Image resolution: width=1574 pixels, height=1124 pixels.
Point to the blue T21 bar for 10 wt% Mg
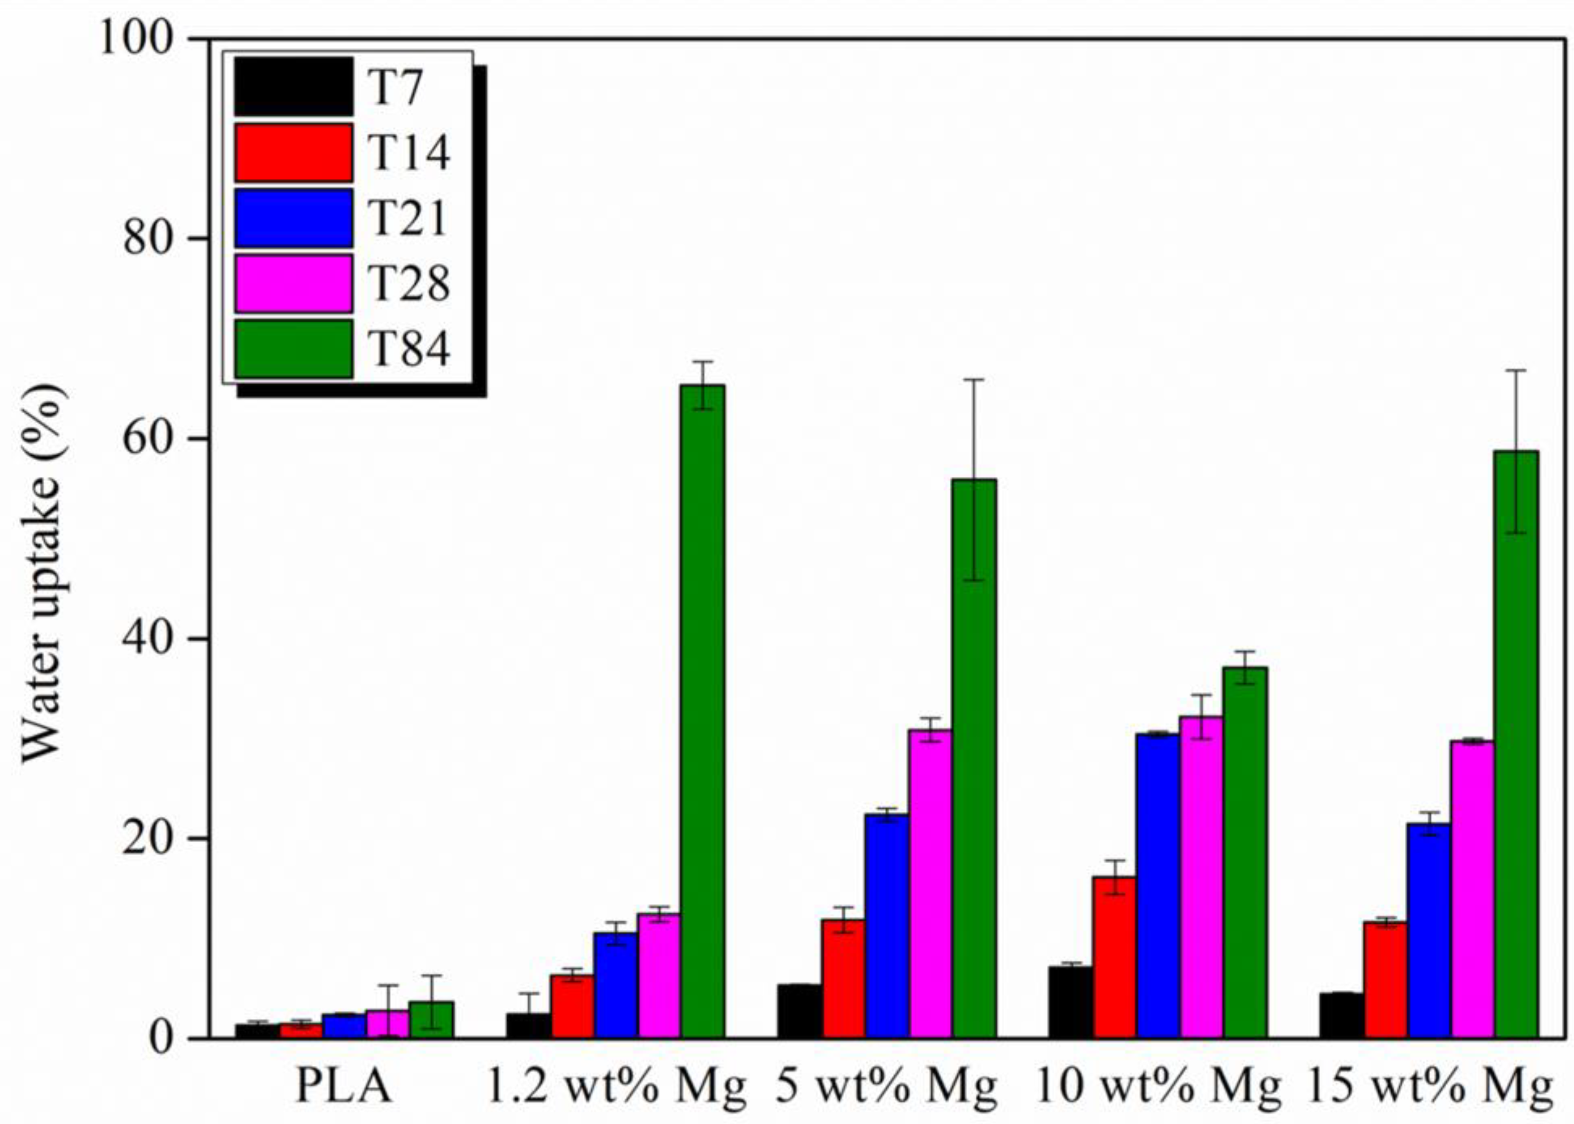[x=1157, y=885]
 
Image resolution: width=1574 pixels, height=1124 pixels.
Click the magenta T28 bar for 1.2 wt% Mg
[x=659, y=975]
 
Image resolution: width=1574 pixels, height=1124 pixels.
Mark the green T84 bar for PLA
[x=431, y=1019]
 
